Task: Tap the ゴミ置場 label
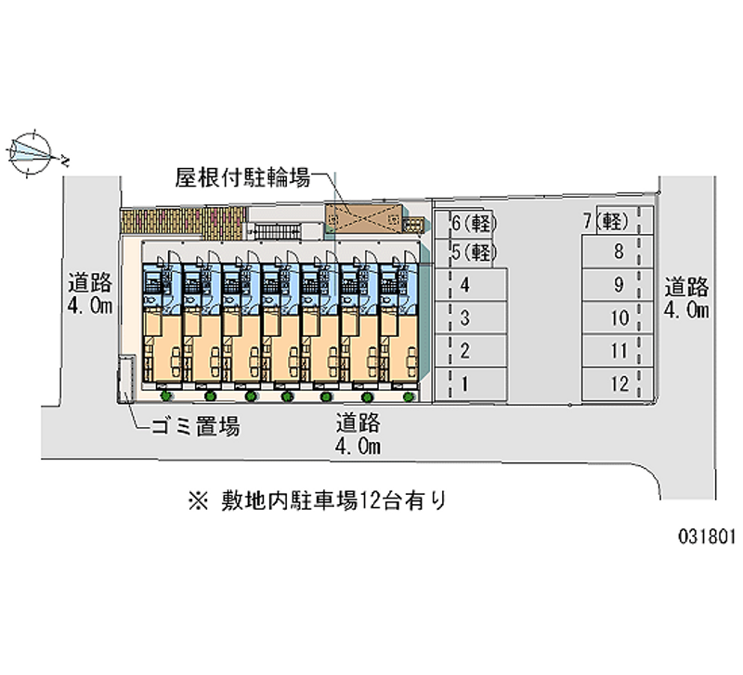(x=195, y=427)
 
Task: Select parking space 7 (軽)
(x=607, y=222)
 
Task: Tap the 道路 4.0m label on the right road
(x=686, y=297)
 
